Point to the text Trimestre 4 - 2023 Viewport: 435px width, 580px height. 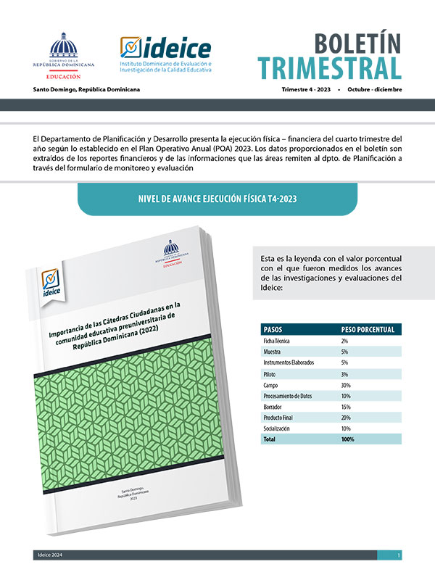[307, 90]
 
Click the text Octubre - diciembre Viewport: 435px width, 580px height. [374, 90]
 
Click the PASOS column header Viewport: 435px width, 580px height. [273, 329]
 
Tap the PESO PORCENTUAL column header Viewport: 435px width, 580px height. [368, 329]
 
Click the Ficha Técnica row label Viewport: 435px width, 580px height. [279, 340]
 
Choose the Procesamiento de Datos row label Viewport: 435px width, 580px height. [293, 396]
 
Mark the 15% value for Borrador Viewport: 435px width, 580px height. [346, 407]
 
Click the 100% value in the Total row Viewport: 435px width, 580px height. [348, 439]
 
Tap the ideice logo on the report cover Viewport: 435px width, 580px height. [51, 287]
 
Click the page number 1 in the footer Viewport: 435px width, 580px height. [399, 555]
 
